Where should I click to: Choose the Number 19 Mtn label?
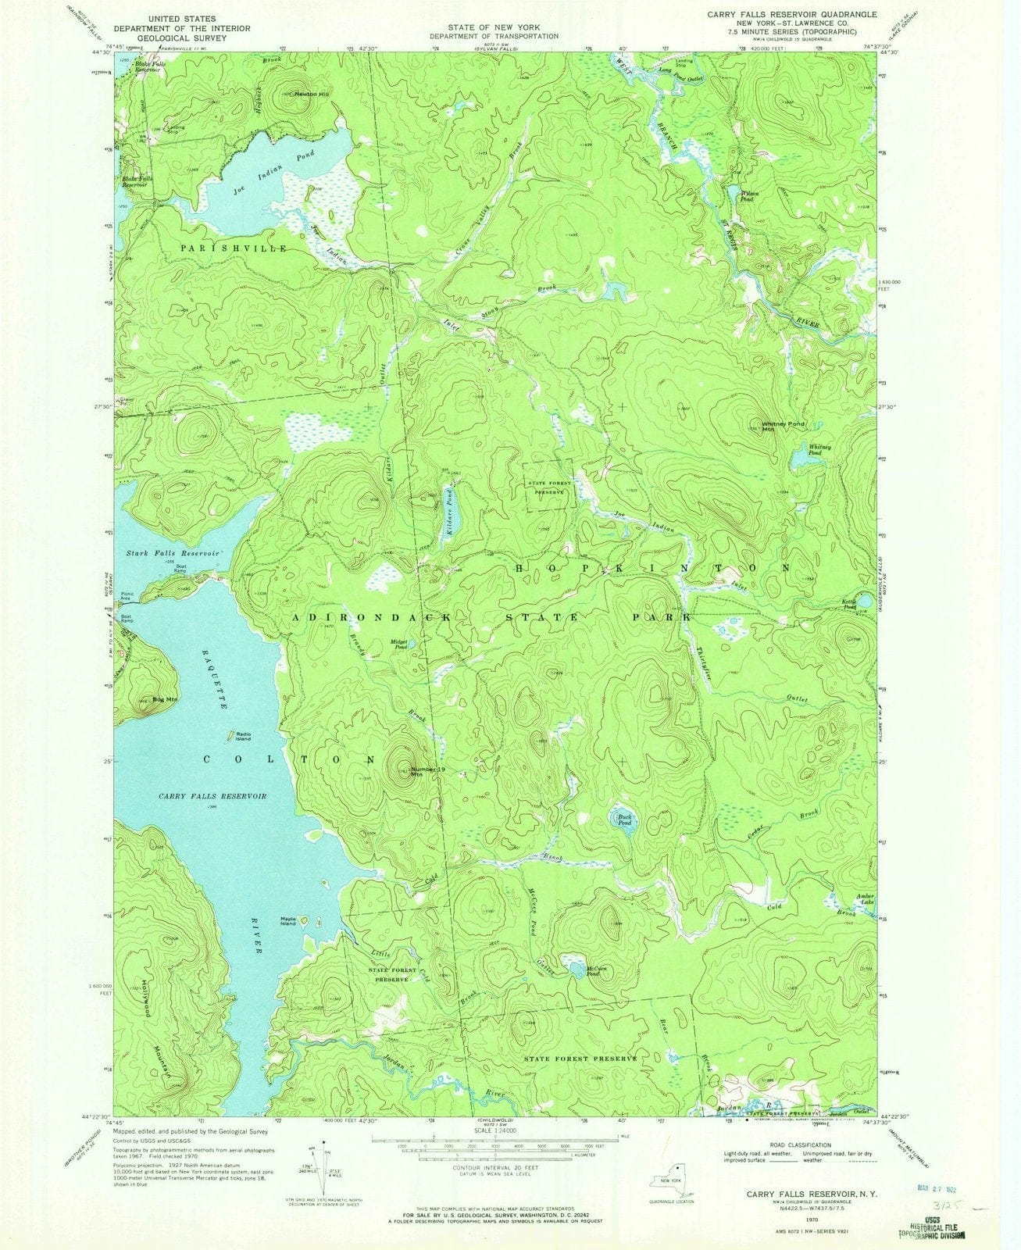tap(427, 771)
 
